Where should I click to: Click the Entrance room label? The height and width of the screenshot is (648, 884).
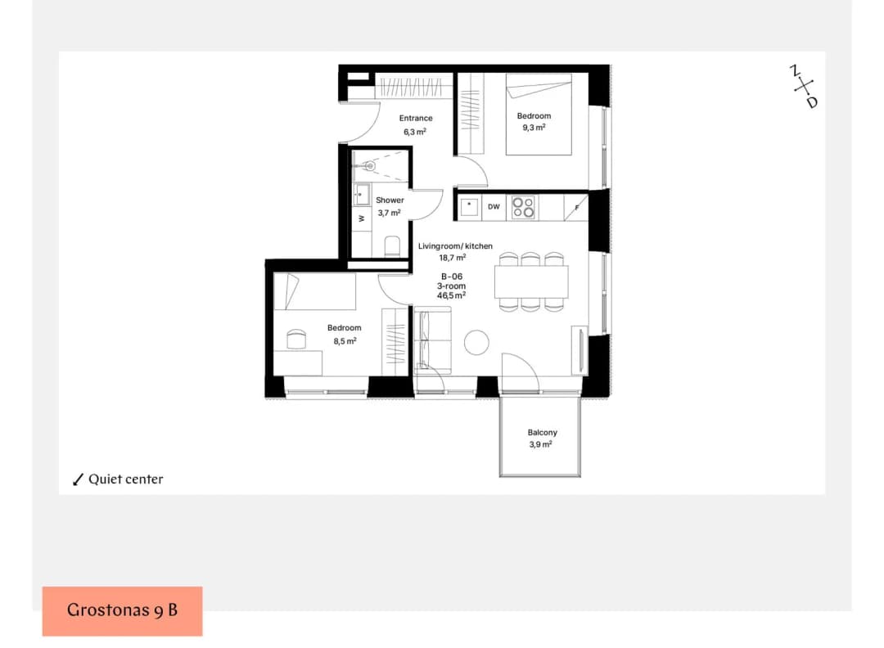click(x=416, y=119)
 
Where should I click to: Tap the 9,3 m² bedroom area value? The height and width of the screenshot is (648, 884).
click(x=534, y=128)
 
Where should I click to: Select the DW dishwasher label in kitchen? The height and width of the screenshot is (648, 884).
click(x=494, y=207)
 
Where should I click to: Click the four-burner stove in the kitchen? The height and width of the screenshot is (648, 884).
click(x=523, y=207)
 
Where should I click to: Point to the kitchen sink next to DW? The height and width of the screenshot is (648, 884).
click(x=469, y=207)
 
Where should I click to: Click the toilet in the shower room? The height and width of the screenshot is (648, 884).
click(x=392, y=246)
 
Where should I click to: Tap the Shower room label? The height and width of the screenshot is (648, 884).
click(x=390, y=200)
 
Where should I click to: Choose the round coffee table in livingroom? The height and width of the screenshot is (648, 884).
click(x=476, y=343)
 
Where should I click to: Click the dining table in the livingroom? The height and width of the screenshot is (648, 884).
click(x=531, y=281)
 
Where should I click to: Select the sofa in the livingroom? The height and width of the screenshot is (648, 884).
click(x=432, y=342)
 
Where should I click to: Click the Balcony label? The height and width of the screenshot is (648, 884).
click(x=543, y=432)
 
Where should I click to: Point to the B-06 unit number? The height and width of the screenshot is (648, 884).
click(x=452, y=277)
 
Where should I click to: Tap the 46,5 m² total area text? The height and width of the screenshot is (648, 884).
click(x=451, y=295)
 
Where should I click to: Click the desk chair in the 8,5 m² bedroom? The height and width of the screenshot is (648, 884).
click(x=296, y=340)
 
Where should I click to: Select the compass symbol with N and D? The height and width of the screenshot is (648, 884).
click(x=804, y=87)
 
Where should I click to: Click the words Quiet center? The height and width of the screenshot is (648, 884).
click(x=126, y=479)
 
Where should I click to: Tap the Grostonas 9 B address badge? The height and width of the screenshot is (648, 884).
click(x=122, y=611)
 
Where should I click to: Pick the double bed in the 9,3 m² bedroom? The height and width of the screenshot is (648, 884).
click(x=539, y=115)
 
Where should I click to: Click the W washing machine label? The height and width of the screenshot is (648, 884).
click(x=362, y=218)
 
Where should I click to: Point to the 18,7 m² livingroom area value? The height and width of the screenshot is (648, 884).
click(x=452, y=258)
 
